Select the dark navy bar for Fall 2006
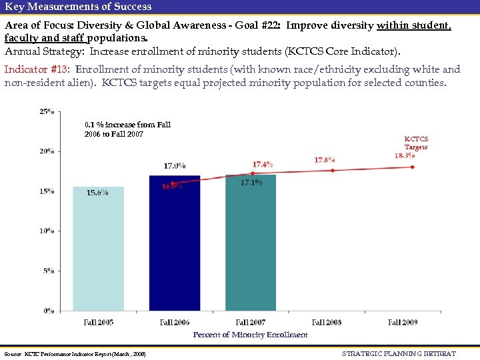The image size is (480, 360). (174, 247)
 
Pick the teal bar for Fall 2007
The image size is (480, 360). (251, 247)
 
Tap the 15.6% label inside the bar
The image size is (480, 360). (98, 193)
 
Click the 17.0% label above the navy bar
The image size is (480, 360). (174, 165)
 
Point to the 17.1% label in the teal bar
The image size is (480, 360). (251, 183)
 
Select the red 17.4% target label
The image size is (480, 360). (262, 164)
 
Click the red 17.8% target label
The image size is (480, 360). (325, 160)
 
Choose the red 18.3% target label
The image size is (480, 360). (405, 155)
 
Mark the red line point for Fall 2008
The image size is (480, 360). (333, 170)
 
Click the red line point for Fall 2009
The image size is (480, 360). (412, 167)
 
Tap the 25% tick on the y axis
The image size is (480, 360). (47, 111)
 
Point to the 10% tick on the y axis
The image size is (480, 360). (47, 231)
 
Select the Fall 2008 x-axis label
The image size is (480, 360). (327, 323)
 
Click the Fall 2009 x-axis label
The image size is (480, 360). (403, 323)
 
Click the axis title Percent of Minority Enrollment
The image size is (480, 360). (250, 335)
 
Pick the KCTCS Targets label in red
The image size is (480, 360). (416, 143)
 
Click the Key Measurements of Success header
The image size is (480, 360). (78, 7)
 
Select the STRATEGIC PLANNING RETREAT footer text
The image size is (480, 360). (399, 353)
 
